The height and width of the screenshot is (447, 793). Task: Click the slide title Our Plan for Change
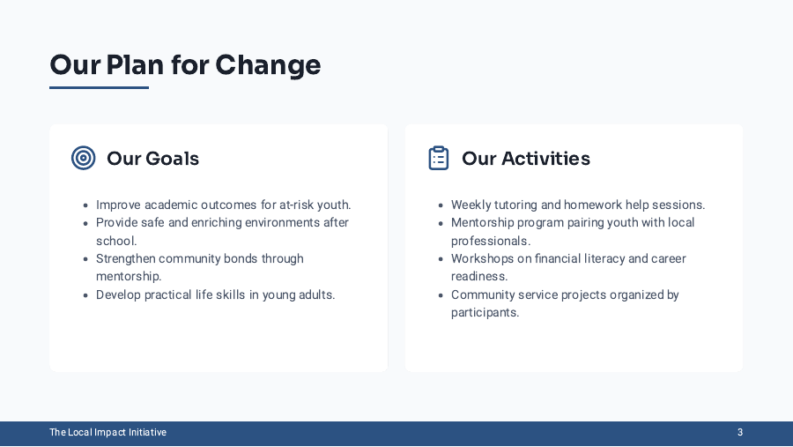[x=185, y=65]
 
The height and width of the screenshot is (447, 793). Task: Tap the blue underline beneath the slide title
[x=99, y=87]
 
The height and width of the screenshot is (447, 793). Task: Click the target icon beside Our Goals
[x=84, y=158]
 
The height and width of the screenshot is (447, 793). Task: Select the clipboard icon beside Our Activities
[x=439, y=158]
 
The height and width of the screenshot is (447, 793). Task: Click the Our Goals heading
[x=152, y=159]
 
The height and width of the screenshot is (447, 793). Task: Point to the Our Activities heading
[x=525, y=159]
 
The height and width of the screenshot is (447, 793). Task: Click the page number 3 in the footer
[x=740, y=433]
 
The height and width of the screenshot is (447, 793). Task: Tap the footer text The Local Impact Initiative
[x=107, y=433]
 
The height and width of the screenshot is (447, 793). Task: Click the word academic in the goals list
[x=171, y=205]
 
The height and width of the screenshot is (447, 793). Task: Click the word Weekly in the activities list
[x=472, y=205]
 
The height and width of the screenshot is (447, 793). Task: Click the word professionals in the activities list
[x=490, y=241]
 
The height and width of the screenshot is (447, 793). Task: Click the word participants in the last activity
[x=484, y=313]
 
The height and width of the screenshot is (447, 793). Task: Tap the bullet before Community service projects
[x=440, y=295]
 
